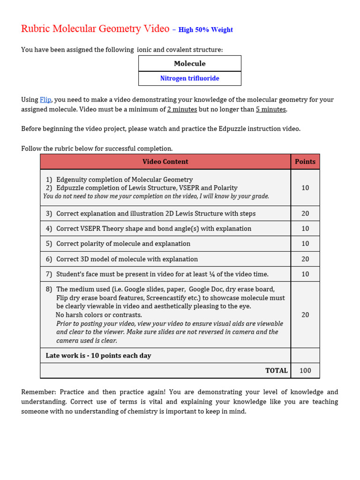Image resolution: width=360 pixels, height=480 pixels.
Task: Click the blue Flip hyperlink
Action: (x=45, y=100)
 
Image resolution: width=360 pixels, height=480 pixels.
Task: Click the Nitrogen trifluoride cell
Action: (x=189, y=78)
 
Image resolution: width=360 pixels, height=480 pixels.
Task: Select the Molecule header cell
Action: (x=189, y=64)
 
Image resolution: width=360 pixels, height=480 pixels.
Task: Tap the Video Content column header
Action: (x=165, y=162)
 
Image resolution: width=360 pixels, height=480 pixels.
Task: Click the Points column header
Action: (x=305, y=162)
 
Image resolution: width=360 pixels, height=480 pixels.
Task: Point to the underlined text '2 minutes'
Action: (x=182, y=109)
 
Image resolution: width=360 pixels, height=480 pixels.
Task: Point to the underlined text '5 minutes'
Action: (x=270, y=109)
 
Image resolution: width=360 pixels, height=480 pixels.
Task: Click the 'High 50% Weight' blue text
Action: (x=205, y=30)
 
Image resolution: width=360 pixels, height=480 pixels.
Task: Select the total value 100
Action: (x=305, y=370)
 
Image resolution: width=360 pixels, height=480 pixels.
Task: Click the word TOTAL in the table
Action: (x=276, y=370)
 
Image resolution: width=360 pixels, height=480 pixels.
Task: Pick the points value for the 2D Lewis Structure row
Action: (x=305, y=214)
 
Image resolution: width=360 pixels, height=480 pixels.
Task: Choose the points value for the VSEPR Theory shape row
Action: (x=305, y=229)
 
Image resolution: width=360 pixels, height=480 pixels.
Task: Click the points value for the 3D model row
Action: (x=305, y=259)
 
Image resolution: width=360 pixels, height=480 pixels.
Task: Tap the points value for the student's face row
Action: (x=305, y=274)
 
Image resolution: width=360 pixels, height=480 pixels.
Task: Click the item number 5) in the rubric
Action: (x=49, y=244)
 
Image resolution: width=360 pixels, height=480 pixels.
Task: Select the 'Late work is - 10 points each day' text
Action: (x=98, y=356)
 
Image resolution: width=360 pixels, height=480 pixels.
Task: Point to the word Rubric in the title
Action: (x=36, y=29)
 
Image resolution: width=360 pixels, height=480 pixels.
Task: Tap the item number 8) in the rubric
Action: (x=49, y=289)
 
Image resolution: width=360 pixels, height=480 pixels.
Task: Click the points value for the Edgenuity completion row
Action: (x=305, y=187)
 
